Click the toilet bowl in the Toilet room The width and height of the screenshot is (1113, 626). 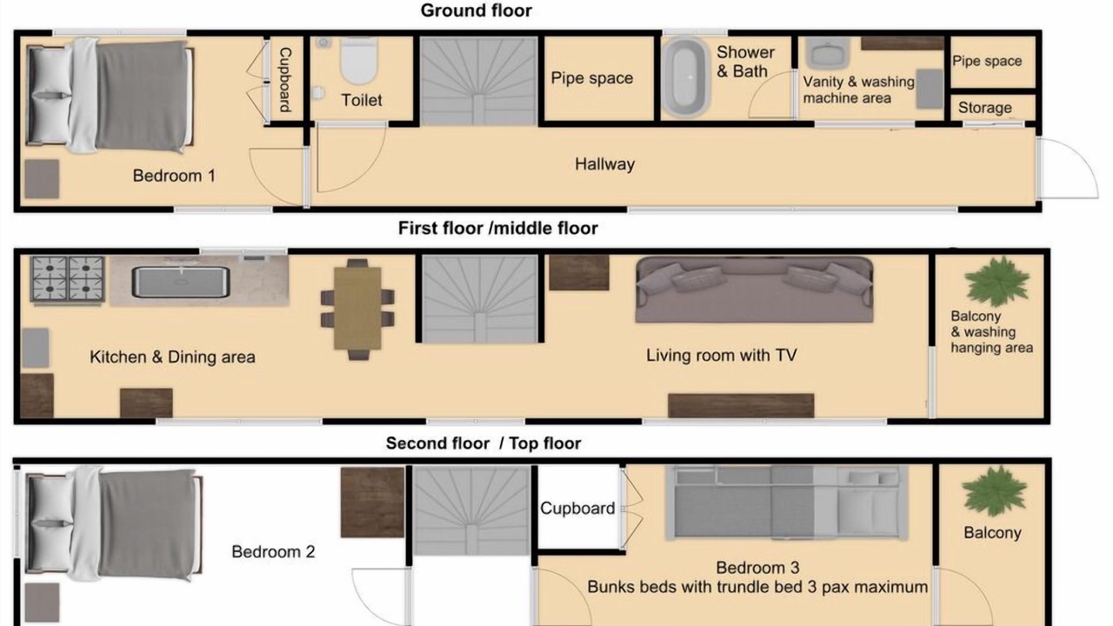[x=359, y=60]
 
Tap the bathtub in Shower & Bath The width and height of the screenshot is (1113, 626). [x=685, y=78]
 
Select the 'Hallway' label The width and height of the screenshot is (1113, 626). [x=604, y=164]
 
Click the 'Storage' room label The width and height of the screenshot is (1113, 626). [x=985, y=108]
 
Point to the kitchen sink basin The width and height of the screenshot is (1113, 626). [x=181, y=282]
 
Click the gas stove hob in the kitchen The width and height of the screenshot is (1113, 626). [x=67, y=279]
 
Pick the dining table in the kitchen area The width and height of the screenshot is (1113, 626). [x=357, y=308]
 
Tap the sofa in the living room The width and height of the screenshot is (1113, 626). [x=754, y=290]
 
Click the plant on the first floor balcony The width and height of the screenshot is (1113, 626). [x=996, y=281]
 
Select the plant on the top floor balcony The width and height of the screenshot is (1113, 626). [x=995, y=490]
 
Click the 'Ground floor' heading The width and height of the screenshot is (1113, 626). [x=476, y=10]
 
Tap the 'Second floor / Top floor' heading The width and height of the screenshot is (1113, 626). [x=483, y=443]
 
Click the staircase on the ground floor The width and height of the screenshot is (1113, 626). [x=478, y=81]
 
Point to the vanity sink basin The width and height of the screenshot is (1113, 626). [x=827, y=53]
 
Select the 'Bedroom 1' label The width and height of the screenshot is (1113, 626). [x=174, y=176]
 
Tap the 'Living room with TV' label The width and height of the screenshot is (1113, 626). [x=722, y=356]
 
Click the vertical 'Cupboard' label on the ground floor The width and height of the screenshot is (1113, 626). [x=284, y=79]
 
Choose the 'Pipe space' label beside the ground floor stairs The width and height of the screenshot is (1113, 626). [x=592, y=78]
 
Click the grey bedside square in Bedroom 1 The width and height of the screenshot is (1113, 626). [x=43, y=179]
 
